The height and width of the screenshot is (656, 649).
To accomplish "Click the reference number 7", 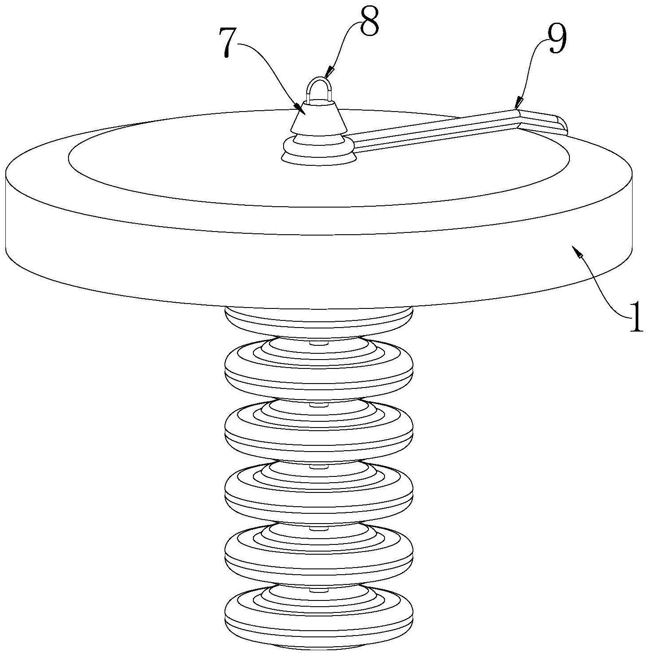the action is [232, 44].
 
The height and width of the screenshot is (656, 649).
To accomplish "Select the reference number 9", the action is [555, 38].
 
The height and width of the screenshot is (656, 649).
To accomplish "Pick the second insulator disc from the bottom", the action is [319, 554].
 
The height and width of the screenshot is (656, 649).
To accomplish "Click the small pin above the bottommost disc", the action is [318, 589].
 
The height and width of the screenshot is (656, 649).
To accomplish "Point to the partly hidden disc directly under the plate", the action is [319, 319].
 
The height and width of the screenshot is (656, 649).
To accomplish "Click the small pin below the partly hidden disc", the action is [318, 342].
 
